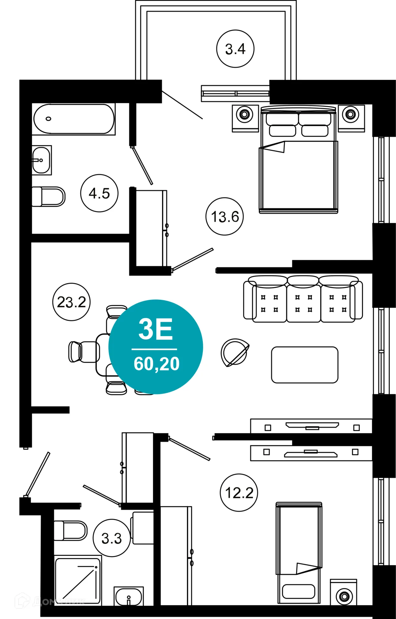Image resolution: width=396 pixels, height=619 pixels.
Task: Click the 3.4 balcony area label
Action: point(235,49)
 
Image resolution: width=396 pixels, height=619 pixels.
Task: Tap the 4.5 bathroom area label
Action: point(99,193)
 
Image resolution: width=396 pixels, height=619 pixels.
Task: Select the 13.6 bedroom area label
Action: point(225,217)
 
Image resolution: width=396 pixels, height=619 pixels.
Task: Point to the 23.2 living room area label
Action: point(71,302)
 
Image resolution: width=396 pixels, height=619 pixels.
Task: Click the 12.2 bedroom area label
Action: point(239,493)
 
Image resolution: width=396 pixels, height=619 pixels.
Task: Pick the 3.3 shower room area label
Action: point(112,539)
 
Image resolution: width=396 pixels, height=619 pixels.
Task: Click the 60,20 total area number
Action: point(156,364)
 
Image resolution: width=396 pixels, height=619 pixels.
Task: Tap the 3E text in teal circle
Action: point(155,329)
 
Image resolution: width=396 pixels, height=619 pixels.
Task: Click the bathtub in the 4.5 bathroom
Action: point(74,119)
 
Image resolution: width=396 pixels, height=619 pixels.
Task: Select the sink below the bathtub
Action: point(41,160)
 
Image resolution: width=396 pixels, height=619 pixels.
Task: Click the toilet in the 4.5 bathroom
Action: point(48,197)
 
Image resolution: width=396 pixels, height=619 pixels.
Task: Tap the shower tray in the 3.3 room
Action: point(78,580)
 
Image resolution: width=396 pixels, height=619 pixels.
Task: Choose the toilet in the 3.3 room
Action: point(70,530)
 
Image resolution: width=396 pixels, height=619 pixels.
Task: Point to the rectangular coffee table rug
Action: point(304,365)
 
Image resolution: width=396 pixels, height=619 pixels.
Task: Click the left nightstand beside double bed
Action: point(245,118)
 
